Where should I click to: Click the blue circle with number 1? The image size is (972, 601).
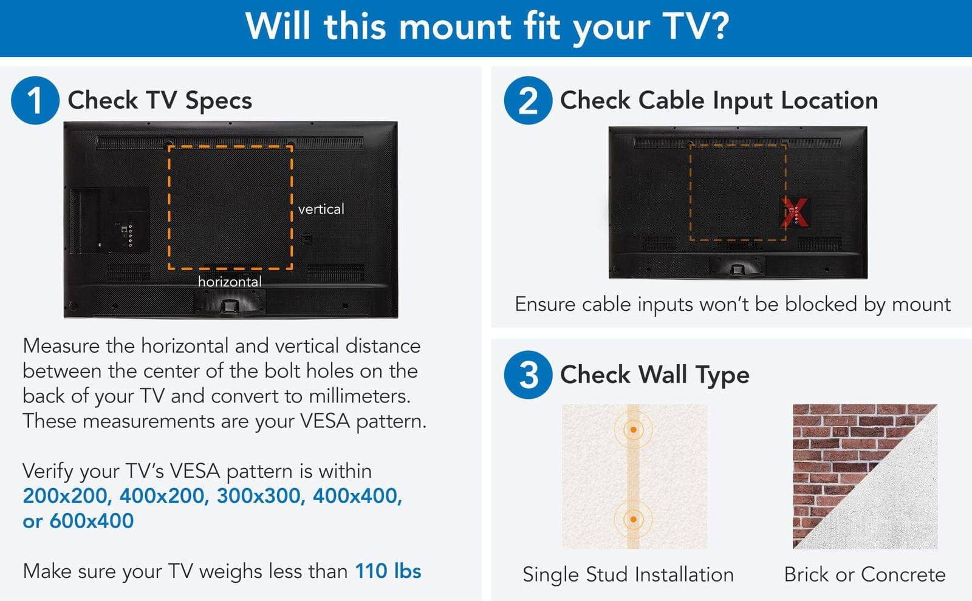(35, 100)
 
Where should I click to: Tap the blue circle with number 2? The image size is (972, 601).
(527, 100)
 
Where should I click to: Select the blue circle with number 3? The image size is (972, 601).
(527, 375)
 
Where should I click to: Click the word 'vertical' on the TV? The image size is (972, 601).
(321, 209)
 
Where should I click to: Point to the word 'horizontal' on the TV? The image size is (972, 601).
(230, 282)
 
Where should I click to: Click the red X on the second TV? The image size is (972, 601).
(795, 212)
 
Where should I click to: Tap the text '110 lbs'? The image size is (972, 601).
(388, 571)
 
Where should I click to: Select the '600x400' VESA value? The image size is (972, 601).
(91, 521)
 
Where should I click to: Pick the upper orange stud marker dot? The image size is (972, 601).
(633, 430)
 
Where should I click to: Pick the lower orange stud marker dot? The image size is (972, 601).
(633, 520)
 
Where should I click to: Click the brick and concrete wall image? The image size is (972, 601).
(864, 477)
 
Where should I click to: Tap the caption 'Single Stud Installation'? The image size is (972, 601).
(628, 574)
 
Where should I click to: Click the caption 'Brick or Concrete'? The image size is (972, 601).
(864, 574)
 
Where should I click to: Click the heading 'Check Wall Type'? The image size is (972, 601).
(654, 375)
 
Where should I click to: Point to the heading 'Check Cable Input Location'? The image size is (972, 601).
(719, 100)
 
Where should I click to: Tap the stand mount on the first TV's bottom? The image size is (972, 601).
(230, 304)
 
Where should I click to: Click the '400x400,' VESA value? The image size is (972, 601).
(357, 496)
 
